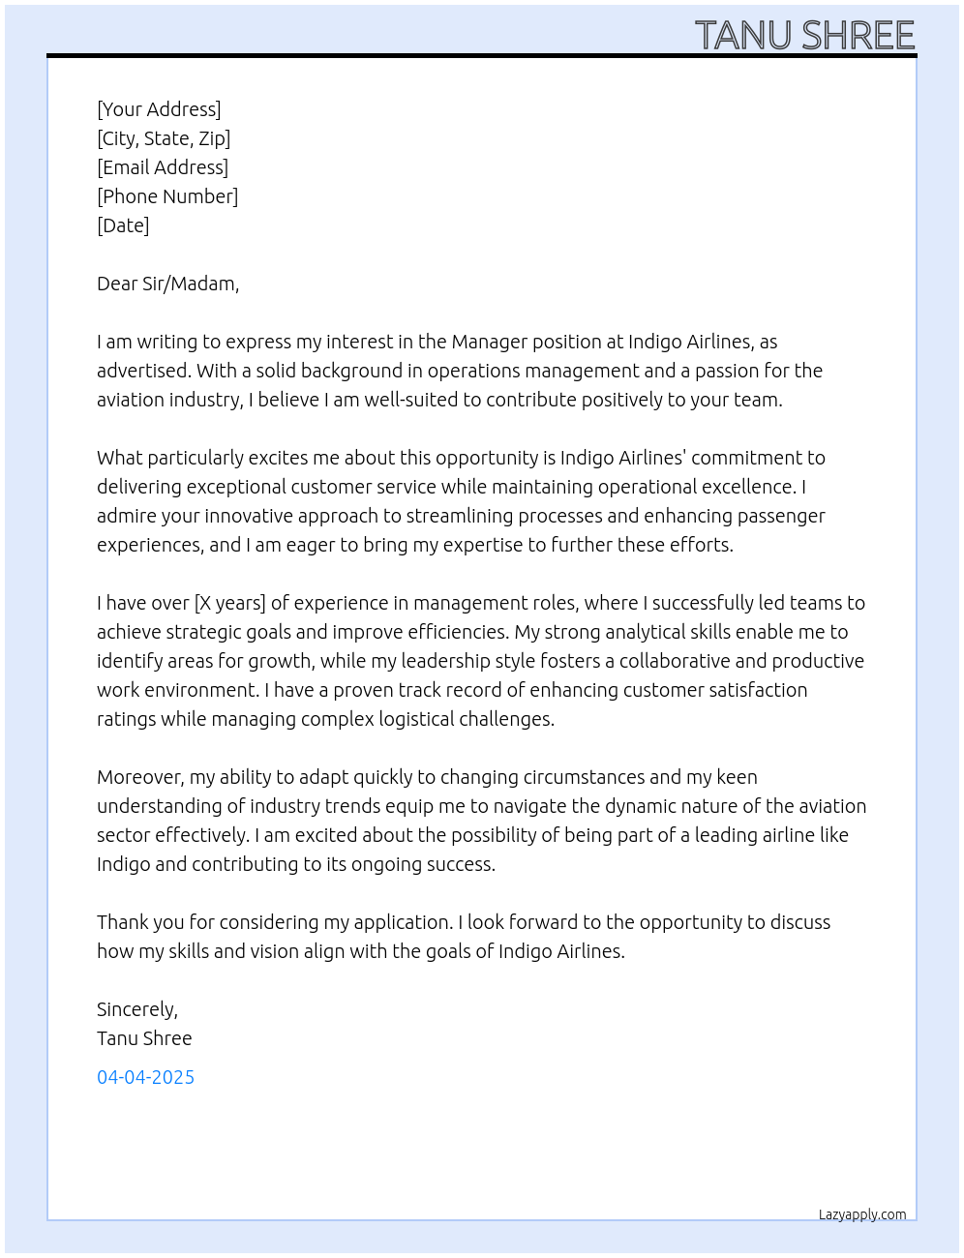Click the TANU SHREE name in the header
click(x=804, y=36)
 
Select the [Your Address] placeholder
click(x=159, y=109)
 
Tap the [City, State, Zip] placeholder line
click(x=164, y=138)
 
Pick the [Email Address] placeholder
click(x=163, y=167)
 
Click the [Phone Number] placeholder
click(x=167, y=196)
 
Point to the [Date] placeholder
click(x=123, y=225)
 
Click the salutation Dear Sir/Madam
click(x=167, y=284)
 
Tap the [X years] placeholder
click(x=229, y=603)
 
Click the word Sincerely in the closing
click(x=136, y=1009)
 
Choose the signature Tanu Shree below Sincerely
click(x=144, y=1038)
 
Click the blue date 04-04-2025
click(x=145, y=1077)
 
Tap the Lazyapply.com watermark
click(x=862, y=1214)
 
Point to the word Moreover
click(x=139, y=777)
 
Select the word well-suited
click(x=411, y=400)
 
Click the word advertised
click(x=142, y=371)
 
